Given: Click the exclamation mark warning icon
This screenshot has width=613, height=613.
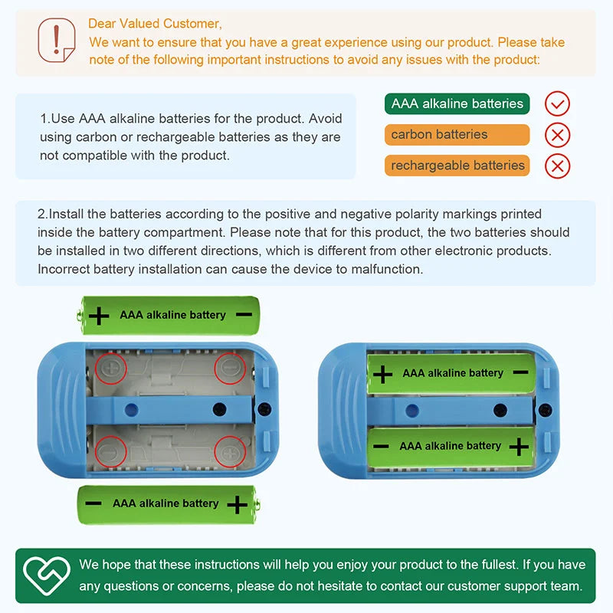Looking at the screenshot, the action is click(56, 40).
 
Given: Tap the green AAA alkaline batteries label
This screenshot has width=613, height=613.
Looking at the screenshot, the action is click(457, 103).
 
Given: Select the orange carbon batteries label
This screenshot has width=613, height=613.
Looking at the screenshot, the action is click(457, 135).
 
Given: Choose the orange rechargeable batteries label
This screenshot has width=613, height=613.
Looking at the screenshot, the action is click(457, 166).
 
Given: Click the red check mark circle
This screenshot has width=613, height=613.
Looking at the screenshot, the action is click(557, 103).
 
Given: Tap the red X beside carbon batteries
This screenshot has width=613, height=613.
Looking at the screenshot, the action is click(557, 135).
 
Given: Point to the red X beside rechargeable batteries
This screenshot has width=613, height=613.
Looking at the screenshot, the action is click(557, 166).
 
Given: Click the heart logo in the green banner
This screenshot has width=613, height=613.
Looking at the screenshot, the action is click(47, 575).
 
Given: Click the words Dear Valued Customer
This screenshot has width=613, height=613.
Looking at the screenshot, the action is click(155, 24).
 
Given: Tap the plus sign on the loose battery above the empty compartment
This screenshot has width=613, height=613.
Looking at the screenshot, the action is click(99, 316).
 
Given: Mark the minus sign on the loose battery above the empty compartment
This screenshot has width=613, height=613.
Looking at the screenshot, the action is click(244, 314).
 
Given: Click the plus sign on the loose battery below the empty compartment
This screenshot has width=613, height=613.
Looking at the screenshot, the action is click(238, 504).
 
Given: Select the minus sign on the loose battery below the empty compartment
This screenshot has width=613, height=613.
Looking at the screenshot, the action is click(93, 503).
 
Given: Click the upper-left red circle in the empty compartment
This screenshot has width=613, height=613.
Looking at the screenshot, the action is click(111, 369).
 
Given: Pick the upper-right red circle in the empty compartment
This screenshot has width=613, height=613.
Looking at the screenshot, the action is click(230, 369).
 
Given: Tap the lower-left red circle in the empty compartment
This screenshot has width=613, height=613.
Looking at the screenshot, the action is click(111, 451).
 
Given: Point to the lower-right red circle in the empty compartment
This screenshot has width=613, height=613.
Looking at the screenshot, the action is click(230, 451).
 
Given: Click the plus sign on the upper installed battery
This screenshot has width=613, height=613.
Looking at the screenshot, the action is click(382, 374).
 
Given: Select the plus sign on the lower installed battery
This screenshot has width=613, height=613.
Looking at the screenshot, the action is click(520, 447).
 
